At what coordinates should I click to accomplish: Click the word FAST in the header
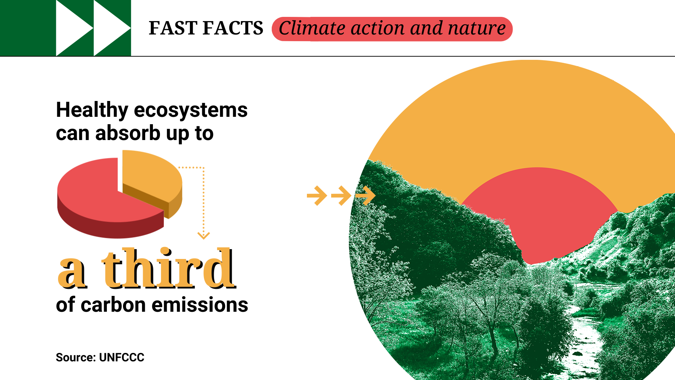coord(173,28)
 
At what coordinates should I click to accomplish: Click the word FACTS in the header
coord(233,28)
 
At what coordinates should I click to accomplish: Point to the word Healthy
coord(92,110)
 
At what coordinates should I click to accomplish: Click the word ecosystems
coord(191,110)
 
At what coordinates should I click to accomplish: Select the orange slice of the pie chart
coord(151,176)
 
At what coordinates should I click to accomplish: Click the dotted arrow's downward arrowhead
coord(204,235)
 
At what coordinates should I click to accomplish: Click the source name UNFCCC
coord(122,357)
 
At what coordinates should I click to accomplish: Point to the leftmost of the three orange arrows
coord(317,195)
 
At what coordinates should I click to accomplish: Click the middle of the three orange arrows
coord(341,195)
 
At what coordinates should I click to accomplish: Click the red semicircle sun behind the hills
coord(538,211)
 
